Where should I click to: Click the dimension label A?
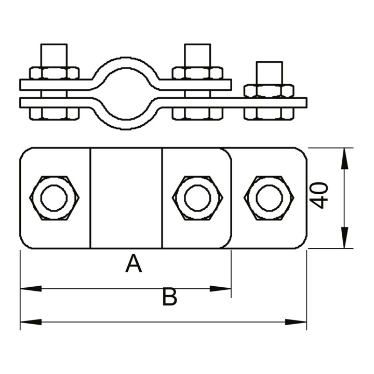(x=133, y=263)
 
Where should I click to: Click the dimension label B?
(x=169, y=297)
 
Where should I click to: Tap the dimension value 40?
(x=319, y=195)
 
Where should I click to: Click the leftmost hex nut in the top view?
(x=55, y=198)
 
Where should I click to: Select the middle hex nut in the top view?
(x=197, y=198)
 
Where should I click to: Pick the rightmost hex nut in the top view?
(x=269, y=198)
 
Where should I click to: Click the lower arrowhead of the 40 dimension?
(x=344, y=237)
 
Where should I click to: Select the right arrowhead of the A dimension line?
(x=220, y=289)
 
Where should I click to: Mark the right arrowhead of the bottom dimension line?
(x=296, y=322)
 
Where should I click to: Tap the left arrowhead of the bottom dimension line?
(x=31, y=322)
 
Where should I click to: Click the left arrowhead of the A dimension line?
(x=31, y=289)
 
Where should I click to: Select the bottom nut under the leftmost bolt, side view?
(x=55, y=113)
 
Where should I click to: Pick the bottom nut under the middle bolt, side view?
(x=197, y=113)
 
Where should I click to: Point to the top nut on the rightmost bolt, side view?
(x=269, y=91)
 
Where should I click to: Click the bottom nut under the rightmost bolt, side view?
(x=269, y=113)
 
